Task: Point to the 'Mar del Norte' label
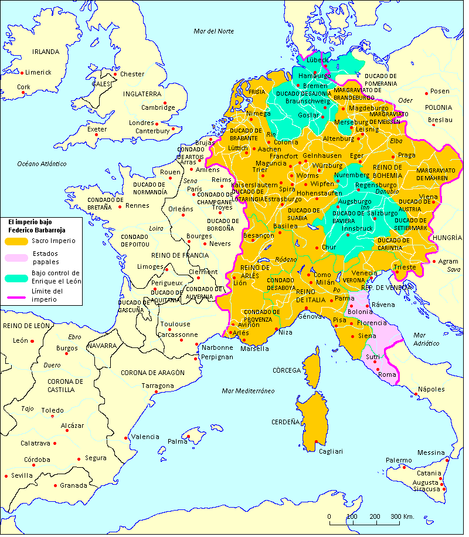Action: tap(213, 31)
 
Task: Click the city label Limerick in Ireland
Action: tap(38, 72)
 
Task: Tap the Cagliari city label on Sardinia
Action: tap(330, 451)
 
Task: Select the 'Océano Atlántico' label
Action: tap(42, 163)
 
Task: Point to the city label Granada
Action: tap(73, 485)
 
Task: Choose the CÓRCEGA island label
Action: tap(286, 370)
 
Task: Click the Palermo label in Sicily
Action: tap(399, 460)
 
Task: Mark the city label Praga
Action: tap(406, 156)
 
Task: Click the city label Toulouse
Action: tap(176, 324)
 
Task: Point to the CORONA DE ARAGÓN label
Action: tap(152, 373)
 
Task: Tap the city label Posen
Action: tap(440, 92)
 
